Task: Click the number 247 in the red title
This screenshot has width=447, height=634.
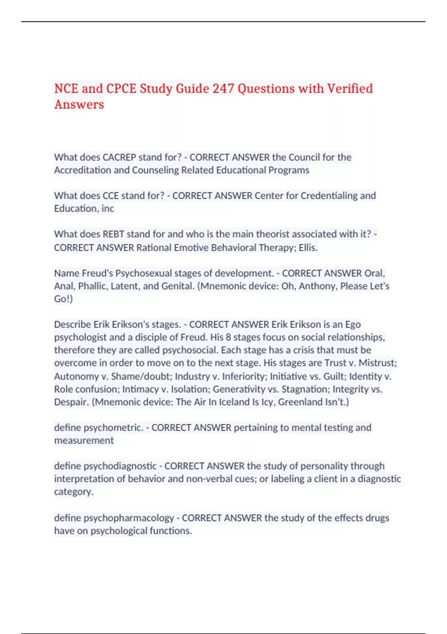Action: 223,89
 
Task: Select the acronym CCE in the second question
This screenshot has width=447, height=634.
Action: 111,196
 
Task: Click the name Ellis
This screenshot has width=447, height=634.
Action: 308,248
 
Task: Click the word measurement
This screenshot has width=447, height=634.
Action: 84,440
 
